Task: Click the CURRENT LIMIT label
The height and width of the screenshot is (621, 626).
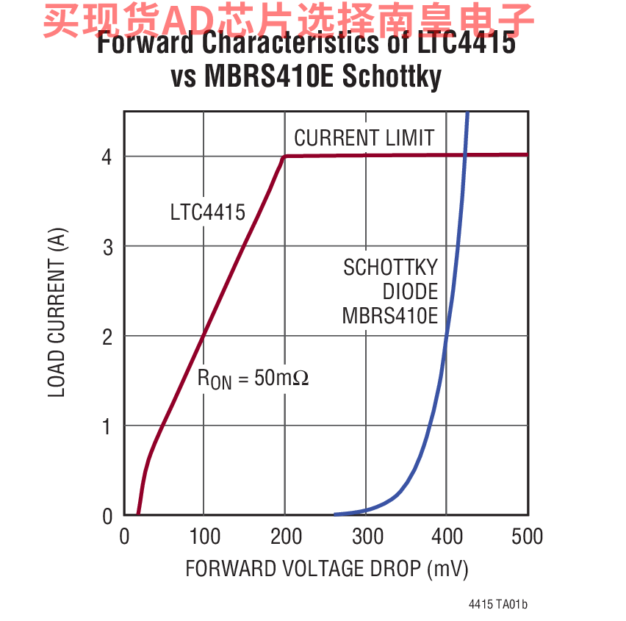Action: (364, 138)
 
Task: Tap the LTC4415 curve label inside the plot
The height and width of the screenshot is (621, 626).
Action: (207, 213)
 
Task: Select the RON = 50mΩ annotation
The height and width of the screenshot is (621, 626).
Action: (253, 378)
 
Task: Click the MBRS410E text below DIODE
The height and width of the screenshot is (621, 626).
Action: (389, 316)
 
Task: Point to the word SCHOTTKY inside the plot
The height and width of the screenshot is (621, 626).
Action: (390, 268)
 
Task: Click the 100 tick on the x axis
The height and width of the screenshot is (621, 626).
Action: (204, 536)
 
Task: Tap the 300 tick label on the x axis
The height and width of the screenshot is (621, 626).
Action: (366, 536)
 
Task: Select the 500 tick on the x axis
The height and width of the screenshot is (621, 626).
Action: (526, 536)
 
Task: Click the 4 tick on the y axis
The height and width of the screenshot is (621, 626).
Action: (107, 157)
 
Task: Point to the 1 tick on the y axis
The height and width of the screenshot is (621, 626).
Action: (107, 426)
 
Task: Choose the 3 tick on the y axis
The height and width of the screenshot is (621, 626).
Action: (107, 247)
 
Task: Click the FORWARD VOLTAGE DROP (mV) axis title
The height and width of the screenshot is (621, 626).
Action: (326, 570)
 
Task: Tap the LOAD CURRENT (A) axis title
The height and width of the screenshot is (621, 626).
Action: (57, 313)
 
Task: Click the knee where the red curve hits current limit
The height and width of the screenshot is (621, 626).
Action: (285, 156)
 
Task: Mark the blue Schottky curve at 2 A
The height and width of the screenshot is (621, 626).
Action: (446, 336)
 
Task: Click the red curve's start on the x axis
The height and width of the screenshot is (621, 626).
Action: (138, 514)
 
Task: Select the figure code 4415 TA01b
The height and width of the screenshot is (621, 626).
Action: (498, 604)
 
